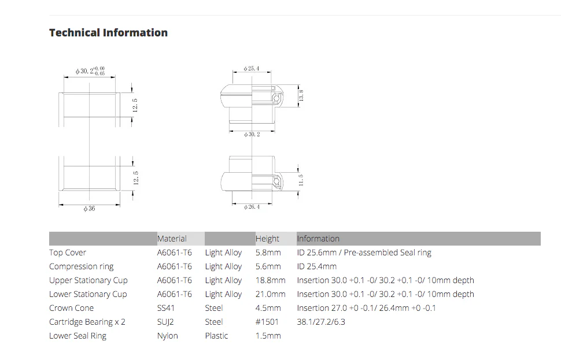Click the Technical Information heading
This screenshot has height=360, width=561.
pos(108,32)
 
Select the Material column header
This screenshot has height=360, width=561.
pos(172,239)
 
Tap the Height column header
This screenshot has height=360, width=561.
pos(267,239)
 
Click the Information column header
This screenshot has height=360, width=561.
pos(318,239)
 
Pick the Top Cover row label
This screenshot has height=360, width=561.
pos(68,253)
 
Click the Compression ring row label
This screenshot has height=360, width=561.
pos(81,266)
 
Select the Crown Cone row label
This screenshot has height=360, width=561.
pos(72,308)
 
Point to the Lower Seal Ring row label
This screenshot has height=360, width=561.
pos(77,336)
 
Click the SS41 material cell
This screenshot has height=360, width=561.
pos(165,308)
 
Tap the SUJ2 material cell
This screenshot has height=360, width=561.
pos(165,322)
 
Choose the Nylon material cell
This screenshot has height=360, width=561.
pos(168,336)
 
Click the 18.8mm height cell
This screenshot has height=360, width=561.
pos(271,280)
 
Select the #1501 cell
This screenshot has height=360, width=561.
pos(267,322)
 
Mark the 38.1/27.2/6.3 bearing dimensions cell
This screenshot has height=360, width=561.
pos(321,322)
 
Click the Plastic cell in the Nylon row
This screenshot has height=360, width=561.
pos(216,336)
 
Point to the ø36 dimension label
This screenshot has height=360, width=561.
pos(89,209)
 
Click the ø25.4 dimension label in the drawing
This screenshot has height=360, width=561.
pos(252,68)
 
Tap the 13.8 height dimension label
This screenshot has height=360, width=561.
pos(301,95)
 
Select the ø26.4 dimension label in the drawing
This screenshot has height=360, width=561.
pos(252,207)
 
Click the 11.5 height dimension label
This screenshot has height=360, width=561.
pos(301,180)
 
